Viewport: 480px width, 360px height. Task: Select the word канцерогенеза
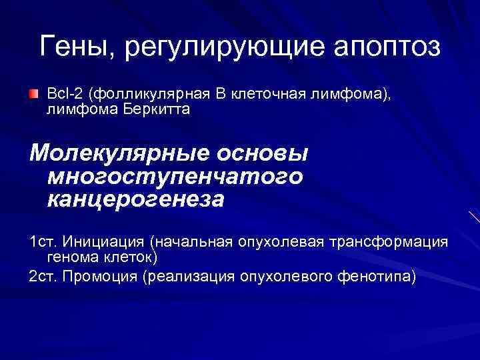[136, 199]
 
